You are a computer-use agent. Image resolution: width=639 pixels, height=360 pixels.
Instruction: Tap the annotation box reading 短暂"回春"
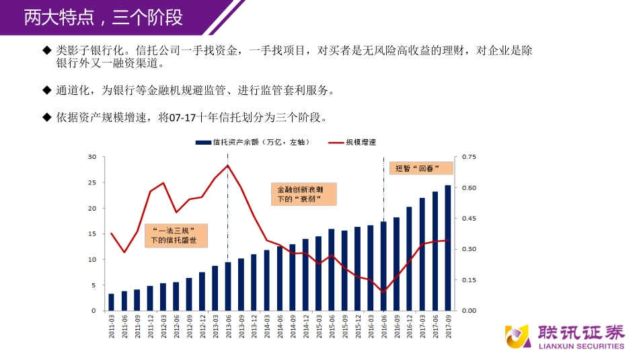coord(418,168)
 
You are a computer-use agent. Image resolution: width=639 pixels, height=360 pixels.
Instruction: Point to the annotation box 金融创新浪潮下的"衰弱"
coord(303,194)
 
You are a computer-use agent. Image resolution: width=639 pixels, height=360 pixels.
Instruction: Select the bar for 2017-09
coord(448,248)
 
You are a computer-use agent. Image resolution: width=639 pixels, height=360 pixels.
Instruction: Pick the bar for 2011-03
coord(112,302)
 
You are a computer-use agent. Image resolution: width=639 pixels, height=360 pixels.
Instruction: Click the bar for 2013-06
coord(228,286)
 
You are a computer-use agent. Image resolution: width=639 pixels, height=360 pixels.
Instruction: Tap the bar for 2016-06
coord(383,266)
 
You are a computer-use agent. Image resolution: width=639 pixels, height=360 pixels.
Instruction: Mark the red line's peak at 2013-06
coord(228,166)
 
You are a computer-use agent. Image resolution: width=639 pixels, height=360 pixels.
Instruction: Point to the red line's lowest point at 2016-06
coord(383,293)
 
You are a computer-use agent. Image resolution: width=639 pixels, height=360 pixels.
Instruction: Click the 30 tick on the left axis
coord(93,157)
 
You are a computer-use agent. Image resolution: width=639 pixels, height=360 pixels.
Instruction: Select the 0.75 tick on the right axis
coord(467,157)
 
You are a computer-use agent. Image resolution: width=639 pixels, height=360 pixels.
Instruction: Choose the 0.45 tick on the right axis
coord(467,219)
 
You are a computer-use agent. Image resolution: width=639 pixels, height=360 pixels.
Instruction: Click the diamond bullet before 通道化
coord(46,89)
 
